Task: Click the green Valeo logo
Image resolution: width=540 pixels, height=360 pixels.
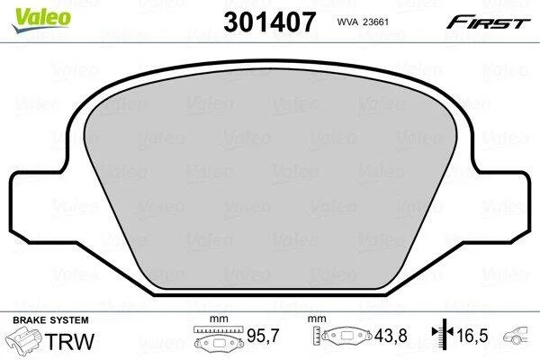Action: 41,20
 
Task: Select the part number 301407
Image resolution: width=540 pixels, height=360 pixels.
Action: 269,22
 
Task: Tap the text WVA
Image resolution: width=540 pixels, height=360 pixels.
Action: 346,22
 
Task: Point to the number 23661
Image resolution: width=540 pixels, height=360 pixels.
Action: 373,22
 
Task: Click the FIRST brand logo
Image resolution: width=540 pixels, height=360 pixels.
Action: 489,22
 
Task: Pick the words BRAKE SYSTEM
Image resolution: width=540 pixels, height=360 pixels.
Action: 50,320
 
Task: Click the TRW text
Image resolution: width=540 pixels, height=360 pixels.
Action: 69,341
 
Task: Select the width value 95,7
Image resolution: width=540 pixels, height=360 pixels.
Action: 263,336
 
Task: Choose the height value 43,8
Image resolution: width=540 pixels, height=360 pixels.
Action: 391,336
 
